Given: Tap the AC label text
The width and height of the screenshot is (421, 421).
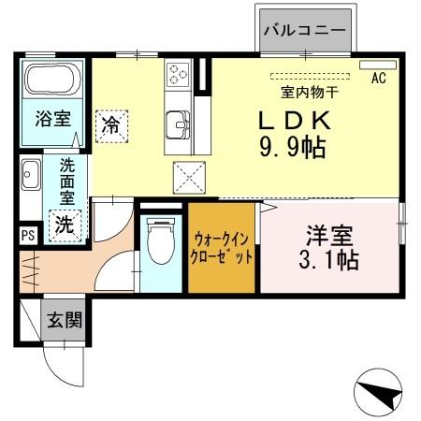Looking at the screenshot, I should [x=378, y=79].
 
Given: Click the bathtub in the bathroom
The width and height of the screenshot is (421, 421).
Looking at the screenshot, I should [x=51, y=82].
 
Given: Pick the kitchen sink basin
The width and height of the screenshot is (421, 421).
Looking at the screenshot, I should [x=178, y=123].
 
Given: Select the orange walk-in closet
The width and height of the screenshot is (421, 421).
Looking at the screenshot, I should [x=222, y=248].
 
